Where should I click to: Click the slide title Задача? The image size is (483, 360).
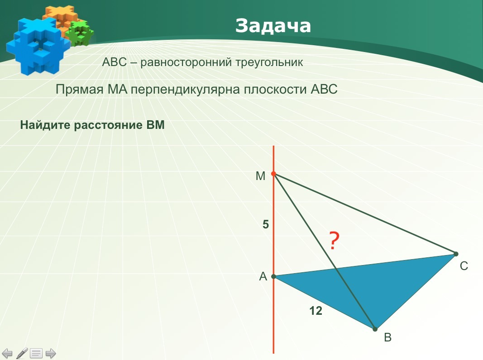273,25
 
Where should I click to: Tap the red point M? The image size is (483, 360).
273,174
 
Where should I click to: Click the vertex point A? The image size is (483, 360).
273,277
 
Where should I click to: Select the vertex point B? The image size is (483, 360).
375,329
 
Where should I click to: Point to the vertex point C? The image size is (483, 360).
456,254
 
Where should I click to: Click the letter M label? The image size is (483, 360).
260,176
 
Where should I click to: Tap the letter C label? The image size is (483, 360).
464,266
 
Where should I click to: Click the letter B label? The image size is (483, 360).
388,337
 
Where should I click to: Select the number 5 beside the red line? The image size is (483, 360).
266,225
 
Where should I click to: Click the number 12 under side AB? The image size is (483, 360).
316,311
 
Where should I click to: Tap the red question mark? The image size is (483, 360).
334,241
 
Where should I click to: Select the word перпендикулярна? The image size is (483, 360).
186,90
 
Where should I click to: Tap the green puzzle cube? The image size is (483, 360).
80,33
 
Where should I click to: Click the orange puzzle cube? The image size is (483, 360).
60,19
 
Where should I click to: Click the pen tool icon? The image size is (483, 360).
22,353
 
